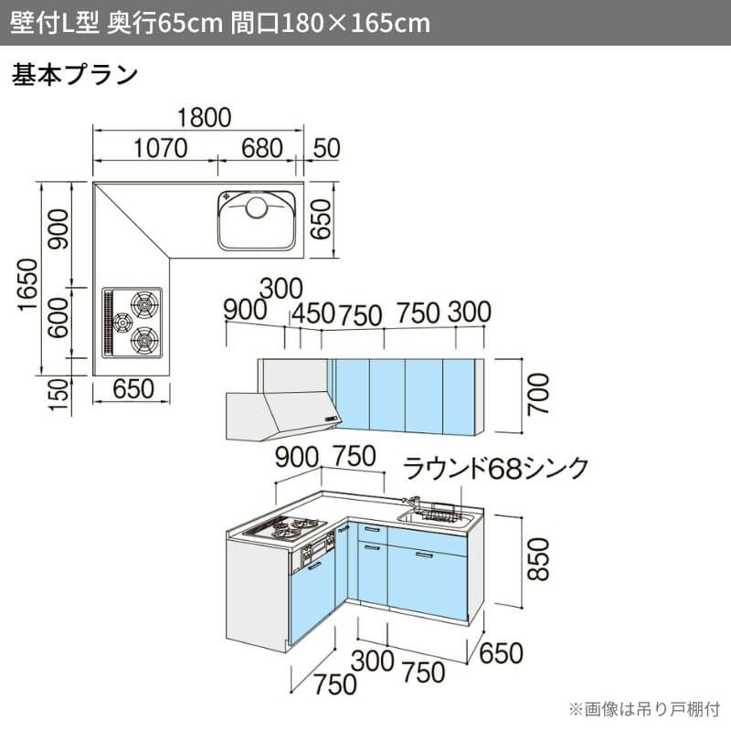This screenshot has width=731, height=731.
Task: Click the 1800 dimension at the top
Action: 204,118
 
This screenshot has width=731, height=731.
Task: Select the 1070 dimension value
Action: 161,148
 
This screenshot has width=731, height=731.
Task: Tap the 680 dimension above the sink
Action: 262,148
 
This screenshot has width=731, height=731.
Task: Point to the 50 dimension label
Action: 326,148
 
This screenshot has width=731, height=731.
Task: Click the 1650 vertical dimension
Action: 27,284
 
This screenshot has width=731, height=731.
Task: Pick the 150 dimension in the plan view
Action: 58,395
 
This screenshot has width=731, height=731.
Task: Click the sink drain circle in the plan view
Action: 257,207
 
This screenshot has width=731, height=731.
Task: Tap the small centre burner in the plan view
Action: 122,323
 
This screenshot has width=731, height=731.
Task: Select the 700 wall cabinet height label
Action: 538,394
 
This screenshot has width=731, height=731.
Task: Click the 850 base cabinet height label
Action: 538,559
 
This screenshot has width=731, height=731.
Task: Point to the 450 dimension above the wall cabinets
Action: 313,313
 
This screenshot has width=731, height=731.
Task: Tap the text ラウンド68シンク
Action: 495,468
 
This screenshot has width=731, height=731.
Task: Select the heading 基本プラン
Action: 75,75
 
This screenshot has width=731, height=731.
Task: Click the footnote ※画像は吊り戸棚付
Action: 644,709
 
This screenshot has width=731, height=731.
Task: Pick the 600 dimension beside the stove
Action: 58,317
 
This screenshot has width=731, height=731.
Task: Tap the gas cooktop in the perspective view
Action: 283,528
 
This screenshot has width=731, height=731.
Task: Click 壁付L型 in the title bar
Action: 55,22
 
